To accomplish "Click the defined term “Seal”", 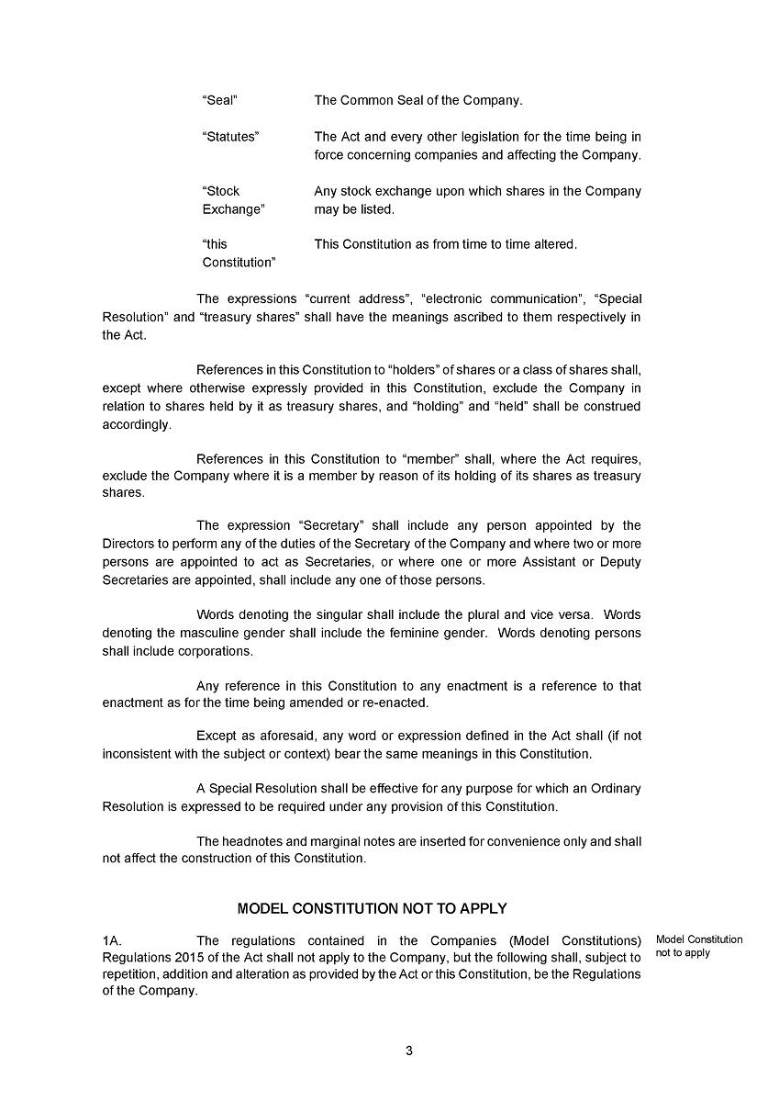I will click(x=220, y=100).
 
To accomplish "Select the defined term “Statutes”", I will click(x=230, y=137).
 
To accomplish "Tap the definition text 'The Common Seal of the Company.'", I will click(x=418, y=100).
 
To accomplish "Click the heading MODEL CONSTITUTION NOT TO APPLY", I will click(x=372, y=909).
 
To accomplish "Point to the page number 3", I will click(x=409, y=1051).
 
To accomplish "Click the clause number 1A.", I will click(x=112, y=940).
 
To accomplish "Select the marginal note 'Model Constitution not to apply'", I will click(x=699, y=946).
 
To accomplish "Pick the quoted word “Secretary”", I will click(x=332, y=526).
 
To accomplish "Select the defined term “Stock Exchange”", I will click(x=231, y=200).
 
